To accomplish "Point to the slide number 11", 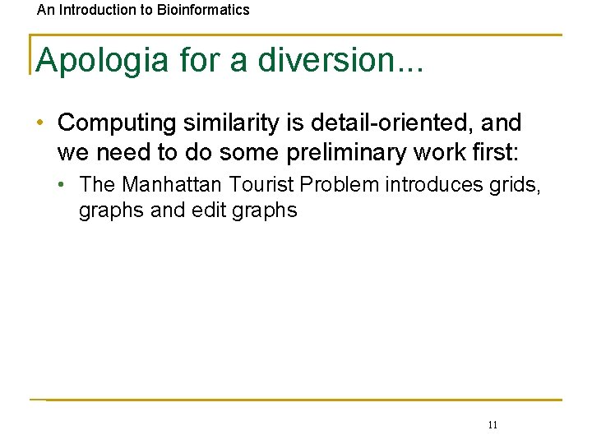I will (493, 424).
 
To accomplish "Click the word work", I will (436, 152).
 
